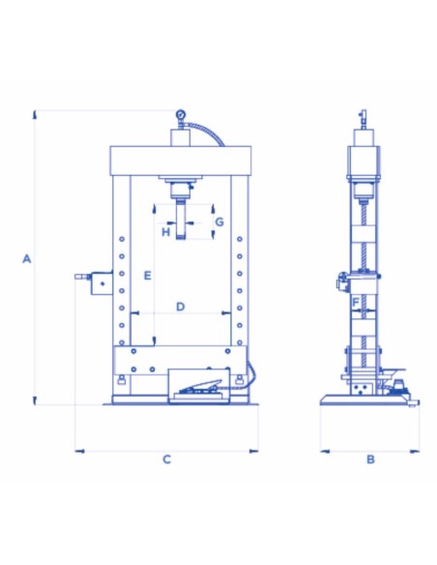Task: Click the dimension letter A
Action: pos(27,258)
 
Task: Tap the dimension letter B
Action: pos(370,460)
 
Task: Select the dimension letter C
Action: pos(166,460)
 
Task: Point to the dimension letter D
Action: pos(181,307)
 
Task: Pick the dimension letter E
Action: pos(148,276)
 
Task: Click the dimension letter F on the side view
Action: pos(356,302)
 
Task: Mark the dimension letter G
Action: pos(219,222)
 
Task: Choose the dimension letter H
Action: pos(165,231)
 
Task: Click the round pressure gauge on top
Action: pos(181,115)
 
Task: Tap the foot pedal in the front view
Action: pos(200,386)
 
